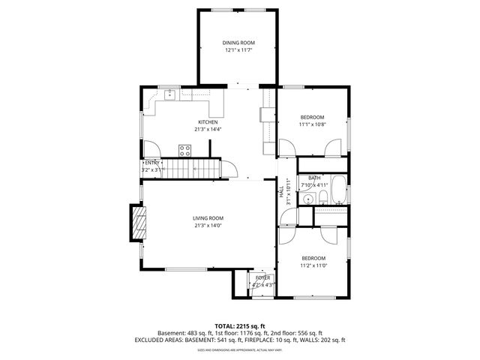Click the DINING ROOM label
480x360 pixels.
point(239,43)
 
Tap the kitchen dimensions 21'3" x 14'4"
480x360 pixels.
point(208,129)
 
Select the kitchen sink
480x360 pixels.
point(170,94)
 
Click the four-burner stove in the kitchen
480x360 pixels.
point(184,148)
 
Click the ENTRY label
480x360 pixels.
point(152,163)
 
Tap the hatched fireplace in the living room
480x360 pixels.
point(136,223)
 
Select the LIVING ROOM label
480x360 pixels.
point(208,218)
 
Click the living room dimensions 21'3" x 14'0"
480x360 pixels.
point(208,226)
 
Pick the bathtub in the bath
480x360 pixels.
point(338,190)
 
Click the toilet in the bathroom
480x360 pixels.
point(322,198)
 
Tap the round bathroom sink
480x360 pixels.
point(308,199)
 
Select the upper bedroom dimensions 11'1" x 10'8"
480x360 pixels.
point(313,124)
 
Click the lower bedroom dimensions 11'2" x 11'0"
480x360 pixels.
point(313,265)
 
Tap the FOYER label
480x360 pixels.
point(262,278)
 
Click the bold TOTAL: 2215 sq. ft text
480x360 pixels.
point(239,326)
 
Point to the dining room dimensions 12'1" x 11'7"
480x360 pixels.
point(239,50)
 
